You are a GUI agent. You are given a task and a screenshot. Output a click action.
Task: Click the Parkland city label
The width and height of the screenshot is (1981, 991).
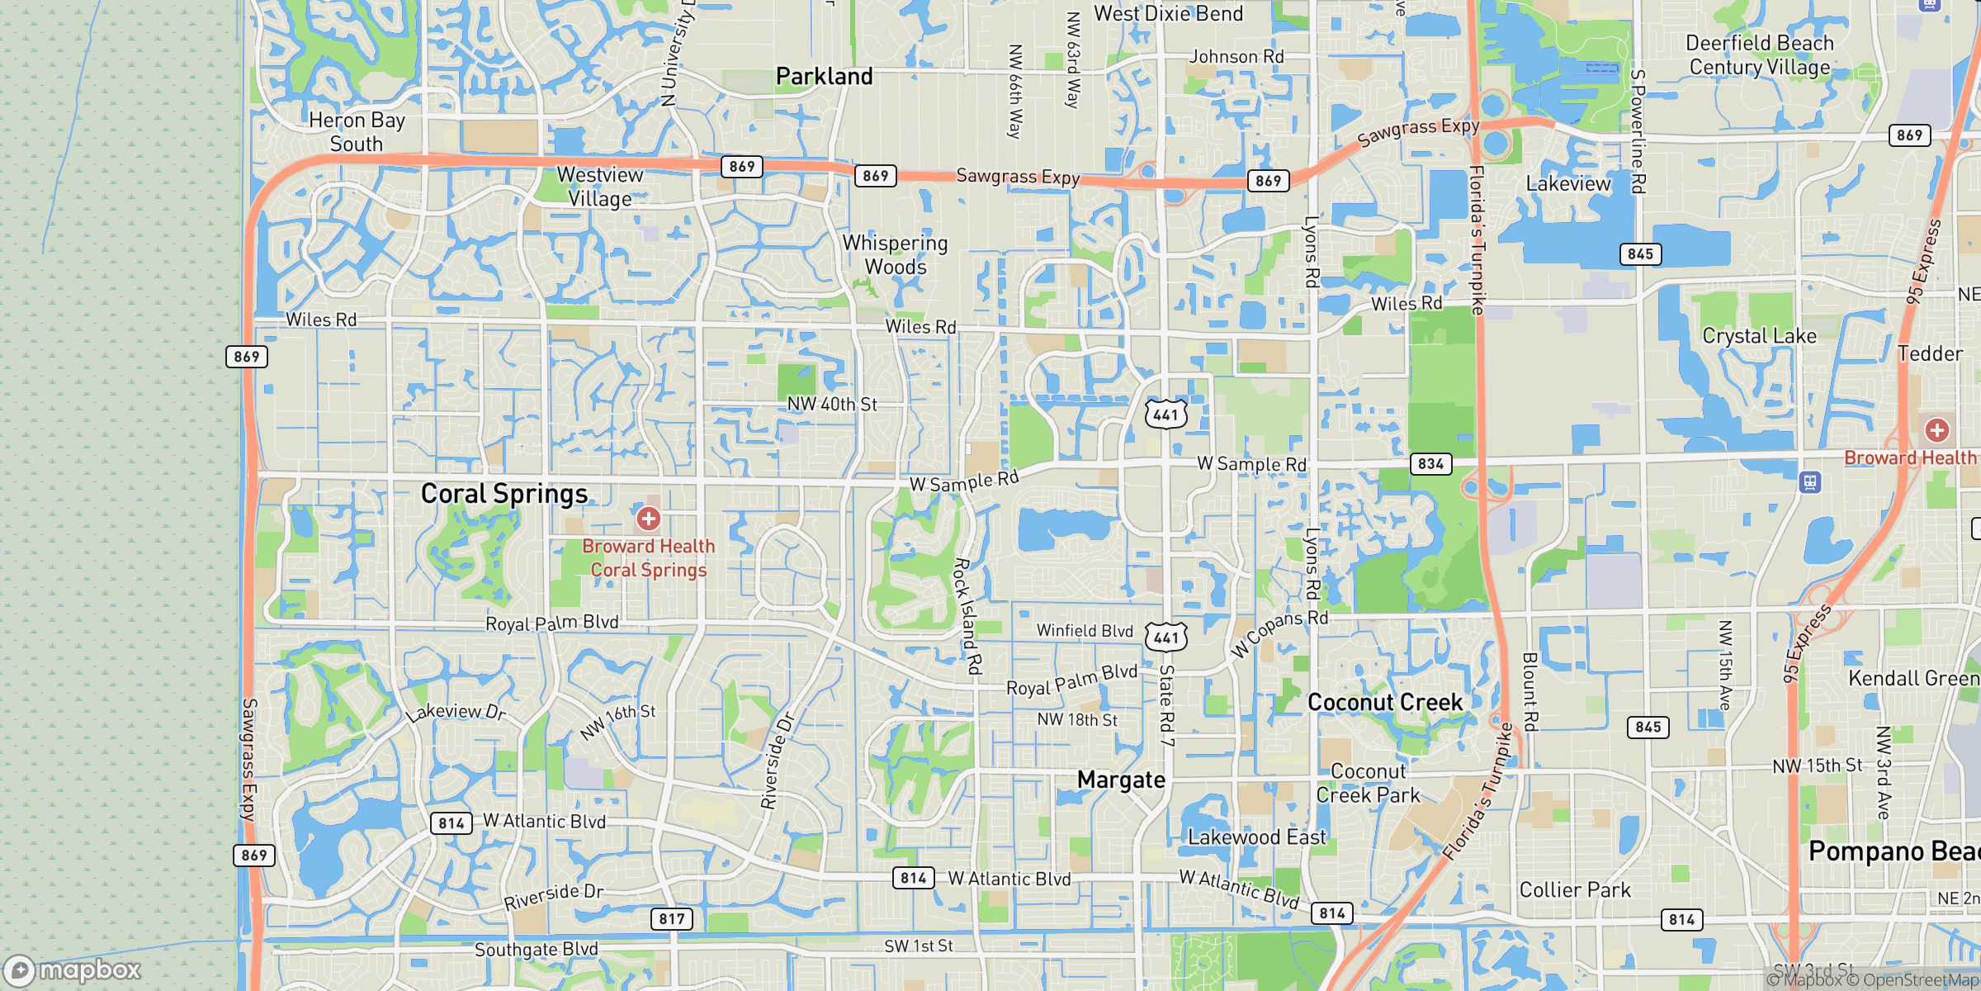click(824, 77)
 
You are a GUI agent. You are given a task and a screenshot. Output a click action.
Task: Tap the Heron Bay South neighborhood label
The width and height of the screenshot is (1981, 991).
click(357, 132)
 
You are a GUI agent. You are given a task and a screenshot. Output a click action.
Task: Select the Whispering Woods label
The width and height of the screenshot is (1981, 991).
click(896, 254)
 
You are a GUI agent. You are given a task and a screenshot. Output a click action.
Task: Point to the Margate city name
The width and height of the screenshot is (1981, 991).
click(1121, 780)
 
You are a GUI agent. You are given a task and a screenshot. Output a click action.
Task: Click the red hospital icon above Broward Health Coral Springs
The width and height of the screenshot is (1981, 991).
click(648, 519)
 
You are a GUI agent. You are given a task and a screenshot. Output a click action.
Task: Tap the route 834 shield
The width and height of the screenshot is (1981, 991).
click(1430, 464)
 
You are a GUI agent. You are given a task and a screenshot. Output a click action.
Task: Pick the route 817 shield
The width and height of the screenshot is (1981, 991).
click(672, 918)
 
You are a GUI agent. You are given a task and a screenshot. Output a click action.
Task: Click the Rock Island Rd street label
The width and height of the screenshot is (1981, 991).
click(967, 616)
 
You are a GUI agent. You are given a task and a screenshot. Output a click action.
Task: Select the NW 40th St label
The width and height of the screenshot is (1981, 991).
click(831, 404)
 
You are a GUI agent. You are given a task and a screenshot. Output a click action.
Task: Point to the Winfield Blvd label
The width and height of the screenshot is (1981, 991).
click(1085, 631)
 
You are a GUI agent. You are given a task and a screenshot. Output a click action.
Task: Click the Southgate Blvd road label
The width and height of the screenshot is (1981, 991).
click(536, 950)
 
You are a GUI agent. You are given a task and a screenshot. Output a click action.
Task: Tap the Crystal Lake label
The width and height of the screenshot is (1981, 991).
click(1759, 336)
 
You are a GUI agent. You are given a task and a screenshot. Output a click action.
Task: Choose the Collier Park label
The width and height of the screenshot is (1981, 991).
click(1575, 889)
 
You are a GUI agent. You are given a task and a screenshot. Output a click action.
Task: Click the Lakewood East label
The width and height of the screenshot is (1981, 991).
click(1256, 837)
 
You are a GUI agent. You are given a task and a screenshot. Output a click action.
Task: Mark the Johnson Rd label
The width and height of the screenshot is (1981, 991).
click(1236, 56)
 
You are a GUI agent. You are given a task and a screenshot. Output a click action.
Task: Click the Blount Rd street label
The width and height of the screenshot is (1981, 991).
click(1529, 692)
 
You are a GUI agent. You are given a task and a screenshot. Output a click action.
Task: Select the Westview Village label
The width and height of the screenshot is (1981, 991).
click(600, 187)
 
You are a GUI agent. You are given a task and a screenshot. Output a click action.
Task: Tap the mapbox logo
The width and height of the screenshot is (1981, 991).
click(73, 970)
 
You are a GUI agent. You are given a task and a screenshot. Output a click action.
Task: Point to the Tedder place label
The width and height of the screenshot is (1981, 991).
click(1929, 353)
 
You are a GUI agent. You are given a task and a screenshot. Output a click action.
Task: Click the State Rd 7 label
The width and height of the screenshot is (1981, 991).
click(1166, 705)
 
